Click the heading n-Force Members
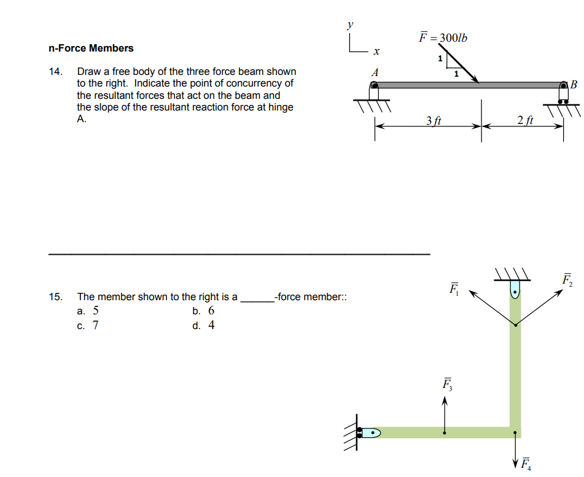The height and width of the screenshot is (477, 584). point(91,48)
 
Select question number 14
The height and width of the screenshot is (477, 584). point(55,72)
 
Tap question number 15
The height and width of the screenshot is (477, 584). point(55,297)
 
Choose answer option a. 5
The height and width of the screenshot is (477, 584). point(87,311)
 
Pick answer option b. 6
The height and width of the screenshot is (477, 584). point(203,311)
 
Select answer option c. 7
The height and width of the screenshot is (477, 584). point(87,325)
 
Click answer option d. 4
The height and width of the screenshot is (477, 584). point(203,325)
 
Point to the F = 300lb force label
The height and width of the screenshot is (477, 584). point(443,37)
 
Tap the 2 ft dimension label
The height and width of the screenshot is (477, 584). point(525,121)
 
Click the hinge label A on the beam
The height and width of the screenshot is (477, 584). point(375,72)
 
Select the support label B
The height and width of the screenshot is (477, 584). point(574,84)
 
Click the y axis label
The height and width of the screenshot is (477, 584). point(350,26)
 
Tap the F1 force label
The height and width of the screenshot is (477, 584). point(454,288)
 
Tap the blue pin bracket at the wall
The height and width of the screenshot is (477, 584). point(370,433)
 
